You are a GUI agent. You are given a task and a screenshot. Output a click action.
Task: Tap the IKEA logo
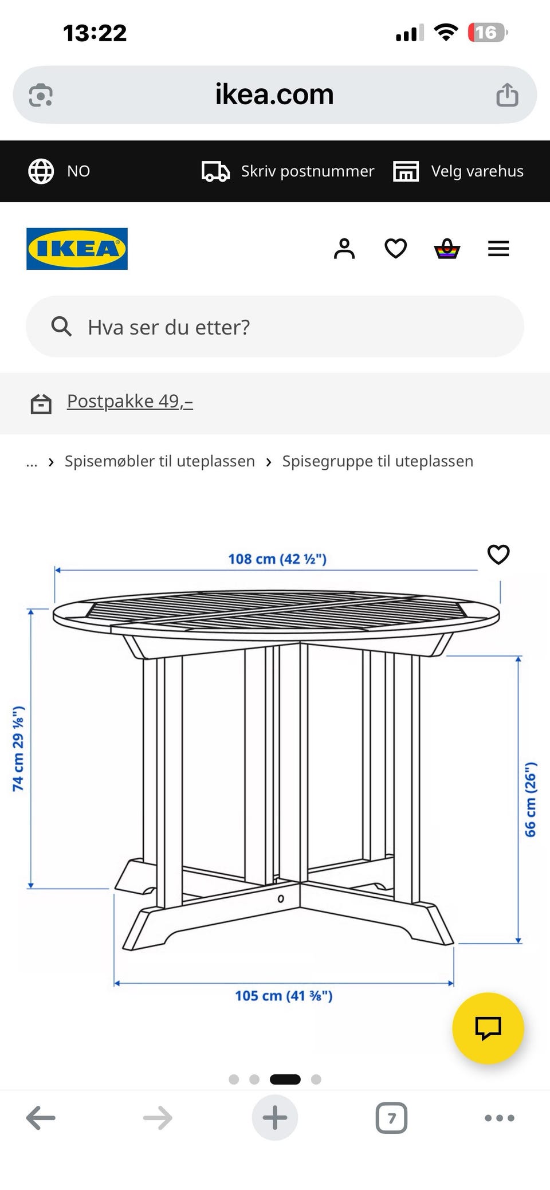pos(77,249)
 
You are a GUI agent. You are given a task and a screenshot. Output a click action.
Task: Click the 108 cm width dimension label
pos(277,559)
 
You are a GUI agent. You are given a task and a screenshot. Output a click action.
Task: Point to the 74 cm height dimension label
pos(18,749)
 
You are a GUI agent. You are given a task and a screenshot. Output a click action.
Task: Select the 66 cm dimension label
pos(531,799)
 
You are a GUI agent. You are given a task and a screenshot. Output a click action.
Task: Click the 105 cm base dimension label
pos(284,996)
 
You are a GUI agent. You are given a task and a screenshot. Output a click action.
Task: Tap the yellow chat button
pos(488,1028)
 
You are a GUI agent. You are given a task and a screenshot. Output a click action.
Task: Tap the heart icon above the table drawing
pos(498,554)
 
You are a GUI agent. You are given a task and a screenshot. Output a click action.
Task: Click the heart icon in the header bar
pos(395,249)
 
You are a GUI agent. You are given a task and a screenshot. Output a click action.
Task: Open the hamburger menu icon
pos(498,249)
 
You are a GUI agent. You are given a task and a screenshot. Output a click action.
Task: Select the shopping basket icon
pos(447,249)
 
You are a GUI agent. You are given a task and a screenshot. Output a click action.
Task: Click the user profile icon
pos(344,249)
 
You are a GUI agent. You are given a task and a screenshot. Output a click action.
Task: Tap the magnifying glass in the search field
pos(61,327)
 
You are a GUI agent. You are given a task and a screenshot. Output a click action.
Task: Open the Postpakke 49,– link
pos(130,401)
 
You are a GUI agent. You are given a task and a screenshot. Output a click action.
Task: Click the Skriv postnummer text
pos(308,171)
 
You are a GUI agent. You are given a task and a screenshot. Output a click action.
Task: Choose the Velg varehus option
pos(477,171)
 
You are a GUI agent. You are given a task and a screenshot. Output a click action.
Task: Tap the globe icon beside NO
pos(41,171)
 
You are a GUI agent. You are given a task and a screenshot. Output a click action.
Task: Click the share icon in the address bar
pos(507,95)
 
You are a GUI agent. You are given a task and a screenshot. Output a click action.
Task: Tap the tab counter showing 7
pos(391,1118)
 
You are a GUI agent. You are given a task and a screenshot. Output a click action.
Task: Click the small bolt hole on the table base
pos(281,898)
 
